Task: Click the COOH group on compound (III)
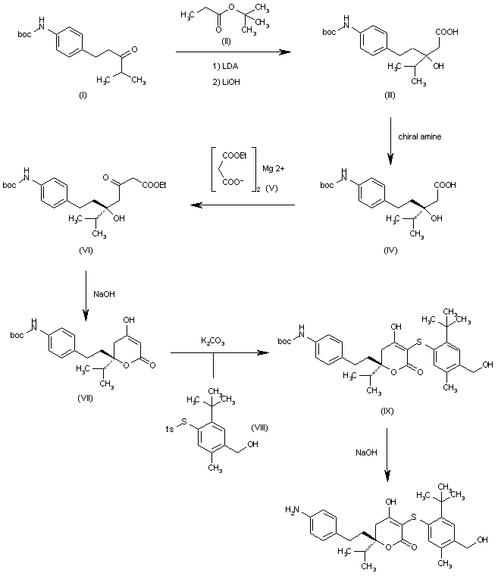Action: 447,31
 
